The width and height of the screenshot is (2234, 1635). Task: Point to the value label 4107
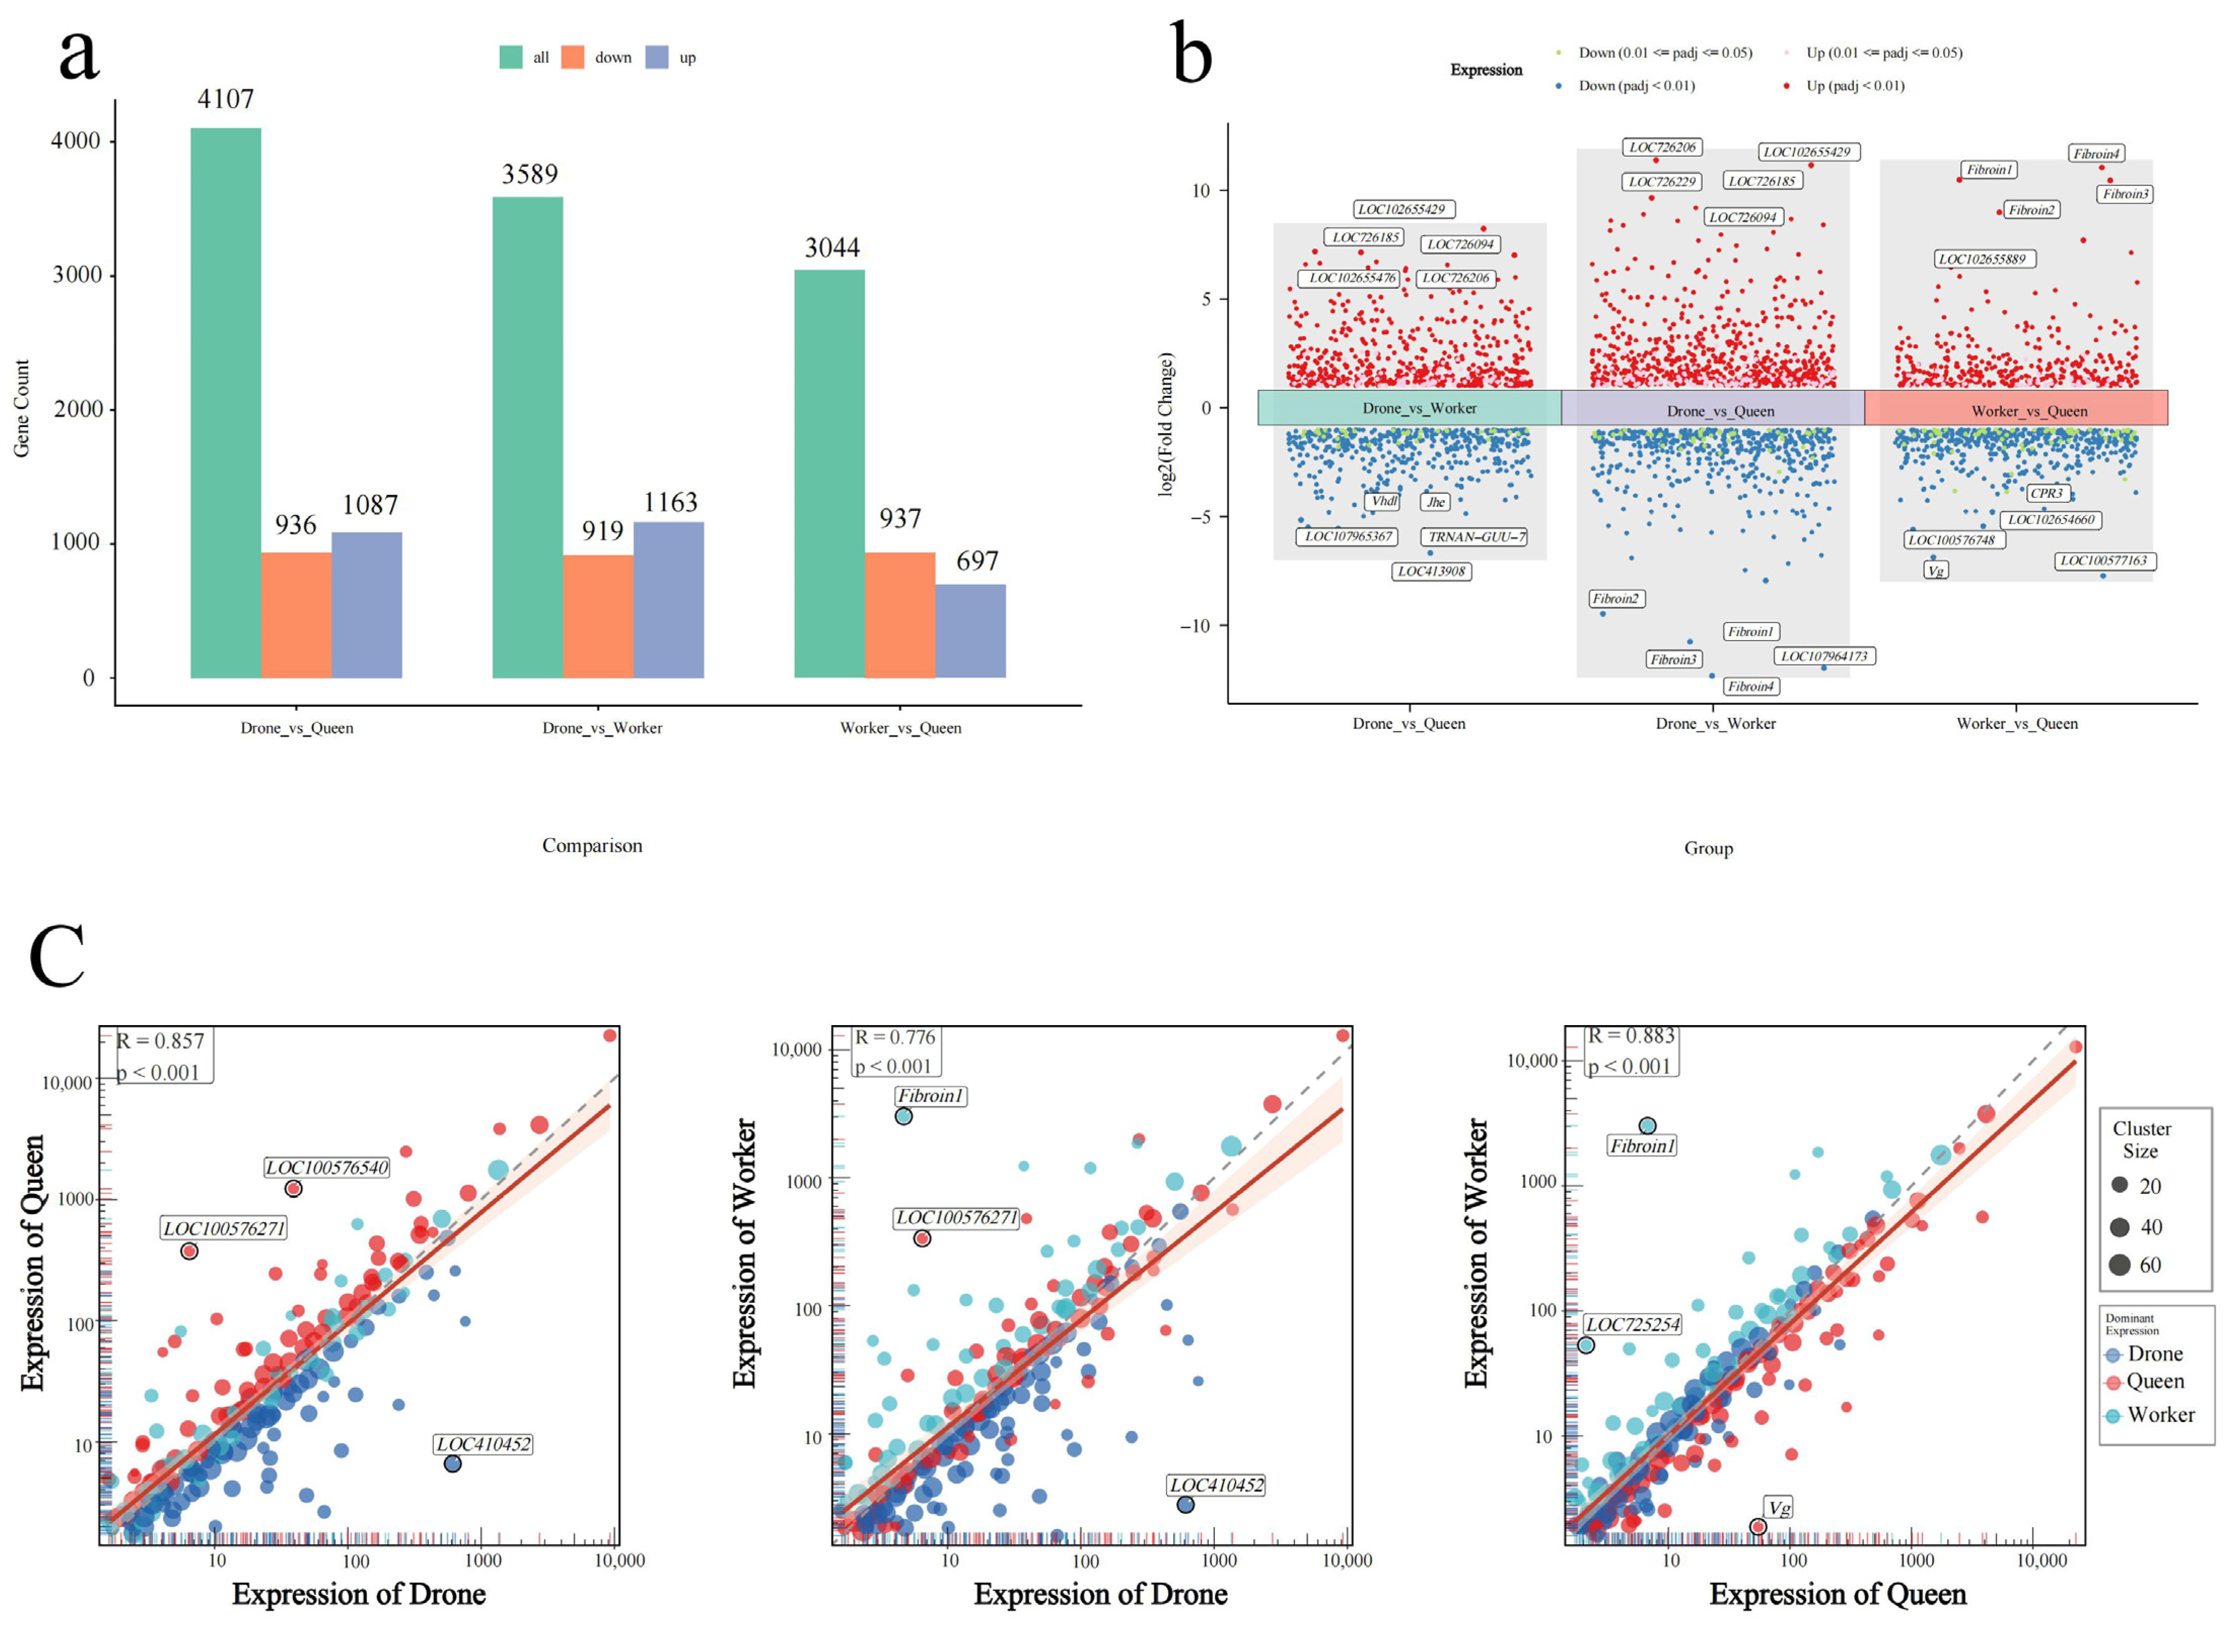click(226, 99)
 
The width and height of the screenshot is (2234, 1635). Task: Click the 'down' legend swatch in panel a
click(572, 57)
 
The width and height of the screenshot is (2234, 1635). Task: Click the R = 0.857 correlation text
click(160, 1041)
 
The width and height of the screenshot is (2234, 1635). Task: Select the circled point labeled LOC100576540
click(293, 1189)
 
